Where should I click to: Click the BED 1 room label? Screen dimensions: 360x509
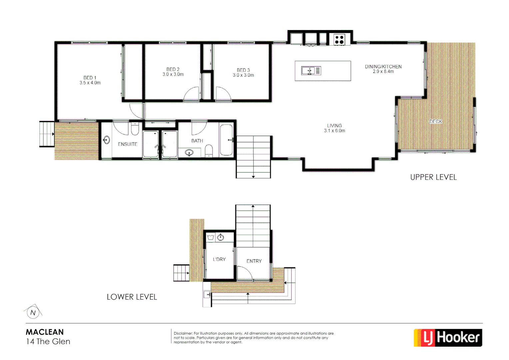pyautogui.click(x=90, y=80)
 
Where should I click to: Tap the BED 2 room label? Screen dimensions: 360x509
pyautogui.click(x=173, y=72)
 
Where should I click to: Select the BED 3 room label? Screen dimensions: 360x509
pyautogui.click(x=243, y=72)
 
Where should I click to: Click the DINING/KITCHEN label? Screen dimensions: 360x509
pyautogui.click(x=383, y=69)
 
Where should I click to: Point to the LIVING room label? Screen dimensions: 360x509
pyautogui.click(x=334, y=128)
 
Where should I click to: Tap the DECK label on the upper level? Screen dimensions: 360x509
pyautogui.click(x=435, y=121)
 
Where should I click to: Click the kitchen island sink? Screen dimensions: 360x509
pyautogui.click(x=311, y=71)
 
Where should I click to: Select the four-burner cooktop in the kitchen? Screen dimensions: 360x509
pyautogui.click(x=339, y=40)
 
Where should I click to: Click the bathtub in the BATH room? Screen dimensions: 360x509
pyautogui.click(x=227, y=140)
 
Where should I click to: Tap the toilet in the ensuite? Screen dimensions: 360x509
pyautogui.click(x=135, y=129)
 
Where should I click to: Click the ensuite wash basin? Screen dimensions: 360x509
pyautogui.click(x=107, y=140)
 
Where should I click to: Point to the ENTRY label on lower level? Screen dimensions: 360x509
pyautogui.click(x=254, y=261)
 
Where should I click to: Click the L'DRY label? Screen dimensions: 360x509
pyautogui.click(x=219, y=259)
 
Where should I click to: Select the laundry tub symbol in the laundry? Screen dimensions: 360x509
pyautogui.click(x=211, y=237)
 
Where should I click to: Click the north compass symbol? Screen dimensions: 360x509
pyautogui.click(x=33, y=312)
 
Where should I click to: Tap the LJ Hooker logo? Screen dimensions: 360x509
pyautogui.click(x=448, y=338)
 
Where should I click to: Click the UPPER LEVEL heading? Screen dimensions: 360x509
pyautogui.click(x=433, y=177)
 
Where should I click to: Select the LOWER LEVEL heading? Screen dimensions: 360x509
pyautogui.click(x=132, y=297)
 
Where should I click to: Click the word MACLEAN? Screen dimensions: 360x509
pyautogui.click(x=45, y=332)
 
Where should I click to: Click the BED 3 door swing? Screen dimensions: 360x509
pyautogui.click(x=223, y=94)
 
